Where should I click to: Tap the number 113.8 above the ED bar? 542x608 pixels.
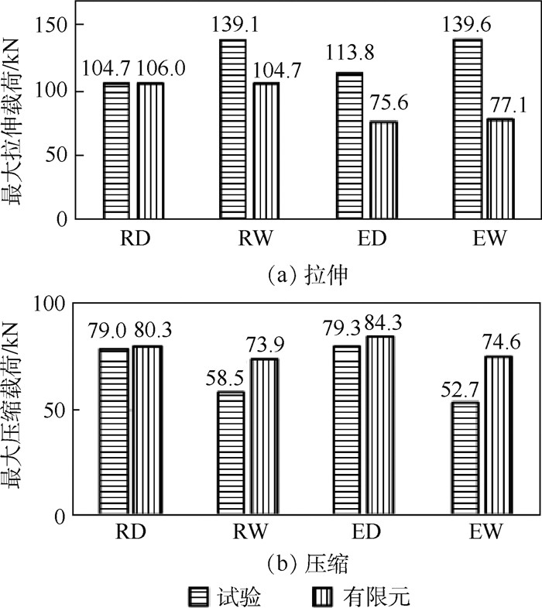(348, 59)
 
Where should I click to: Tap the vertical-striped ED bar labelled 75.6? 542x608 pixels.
(382, 170)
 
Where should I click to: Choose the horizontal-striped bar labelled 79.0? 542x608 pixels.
(113, 431)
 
